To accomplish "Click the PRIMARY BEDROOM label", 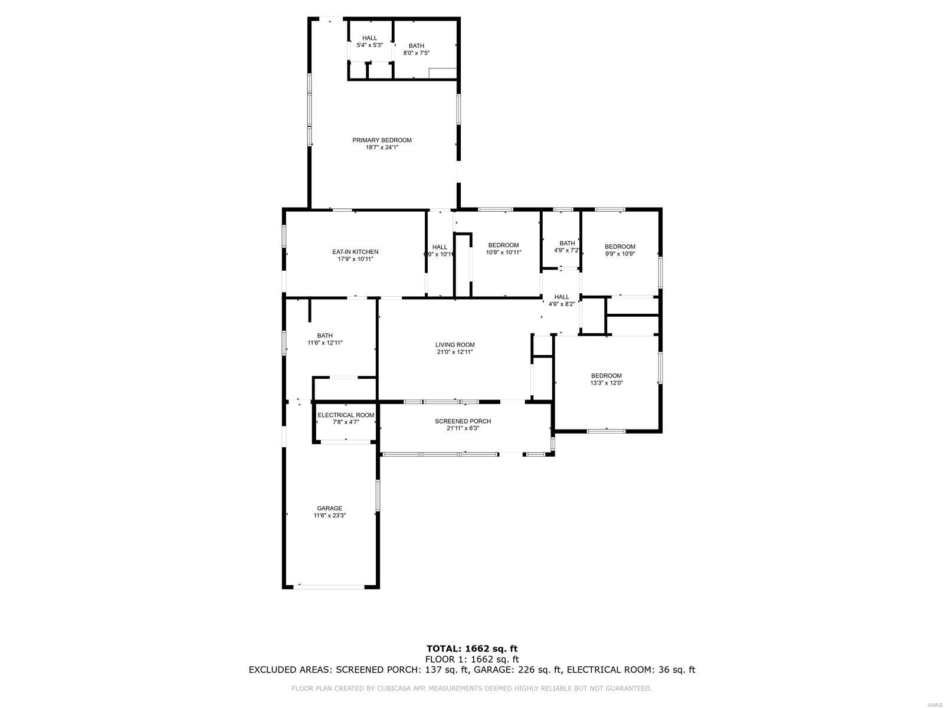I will [382, 140].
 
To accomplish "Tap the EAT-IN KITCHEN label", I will [355, 252].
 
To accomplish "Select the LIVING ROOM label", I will [455, 345].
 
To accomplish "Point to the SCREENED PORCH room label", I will [463, 421].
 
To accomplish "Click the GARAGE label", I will [329, 509].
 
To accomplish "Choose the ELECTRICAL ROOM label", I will [346, 415].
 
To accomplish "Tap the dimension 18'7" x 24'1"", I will [382, 147].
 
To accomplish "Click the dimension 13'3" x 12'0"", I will [606, 383].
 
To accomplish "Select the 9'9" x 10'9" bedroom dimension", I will [619, 254].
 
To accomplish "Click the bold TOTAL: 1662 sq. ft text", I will [472, 649].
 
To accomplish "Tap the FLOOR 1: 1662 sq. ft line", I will [472, 660].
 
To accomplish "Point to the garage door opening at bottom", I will [330, 586].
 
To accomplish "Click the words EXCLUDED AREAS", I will [290, 670].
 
